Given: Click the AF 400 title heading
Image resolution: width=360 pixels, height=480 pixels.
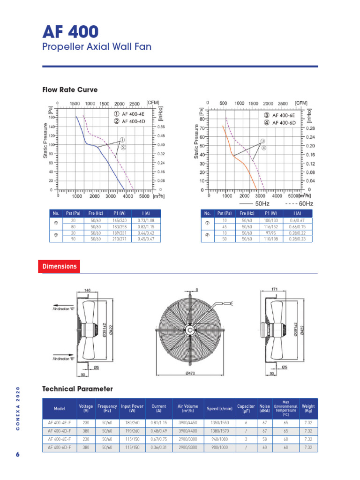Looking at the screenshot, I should coord(71,31).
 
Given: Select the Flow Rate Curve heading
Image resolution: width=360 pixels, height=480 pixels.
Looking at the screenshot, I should coord(70,90).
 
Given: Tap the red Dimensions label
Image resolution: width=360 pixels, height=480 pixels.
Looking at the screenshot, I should coord(59,266).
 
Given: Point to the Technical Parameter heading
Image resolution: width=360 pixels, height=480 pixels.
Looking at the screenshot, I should coord(77,389).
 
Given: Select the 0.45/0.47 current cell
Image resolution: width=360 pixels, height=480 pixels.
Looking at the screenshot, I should coord(146,239).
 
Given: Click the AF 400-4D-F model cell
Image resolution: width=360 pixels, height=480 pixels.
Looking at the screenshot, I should coord(60,431).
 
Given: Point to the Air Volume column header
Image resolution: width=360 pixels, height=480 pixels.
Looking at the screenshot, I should coord(188,408).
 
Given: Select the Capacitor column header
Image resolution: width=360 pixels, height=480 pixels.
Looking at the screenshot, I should coord(246,408).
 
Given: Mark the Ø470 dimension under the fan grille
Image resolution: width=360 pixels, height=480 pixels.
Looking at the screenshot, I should coord(190,373).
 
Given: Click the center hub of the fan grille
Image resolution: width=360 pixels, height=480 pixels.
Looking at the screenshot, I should coord(190,330).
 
